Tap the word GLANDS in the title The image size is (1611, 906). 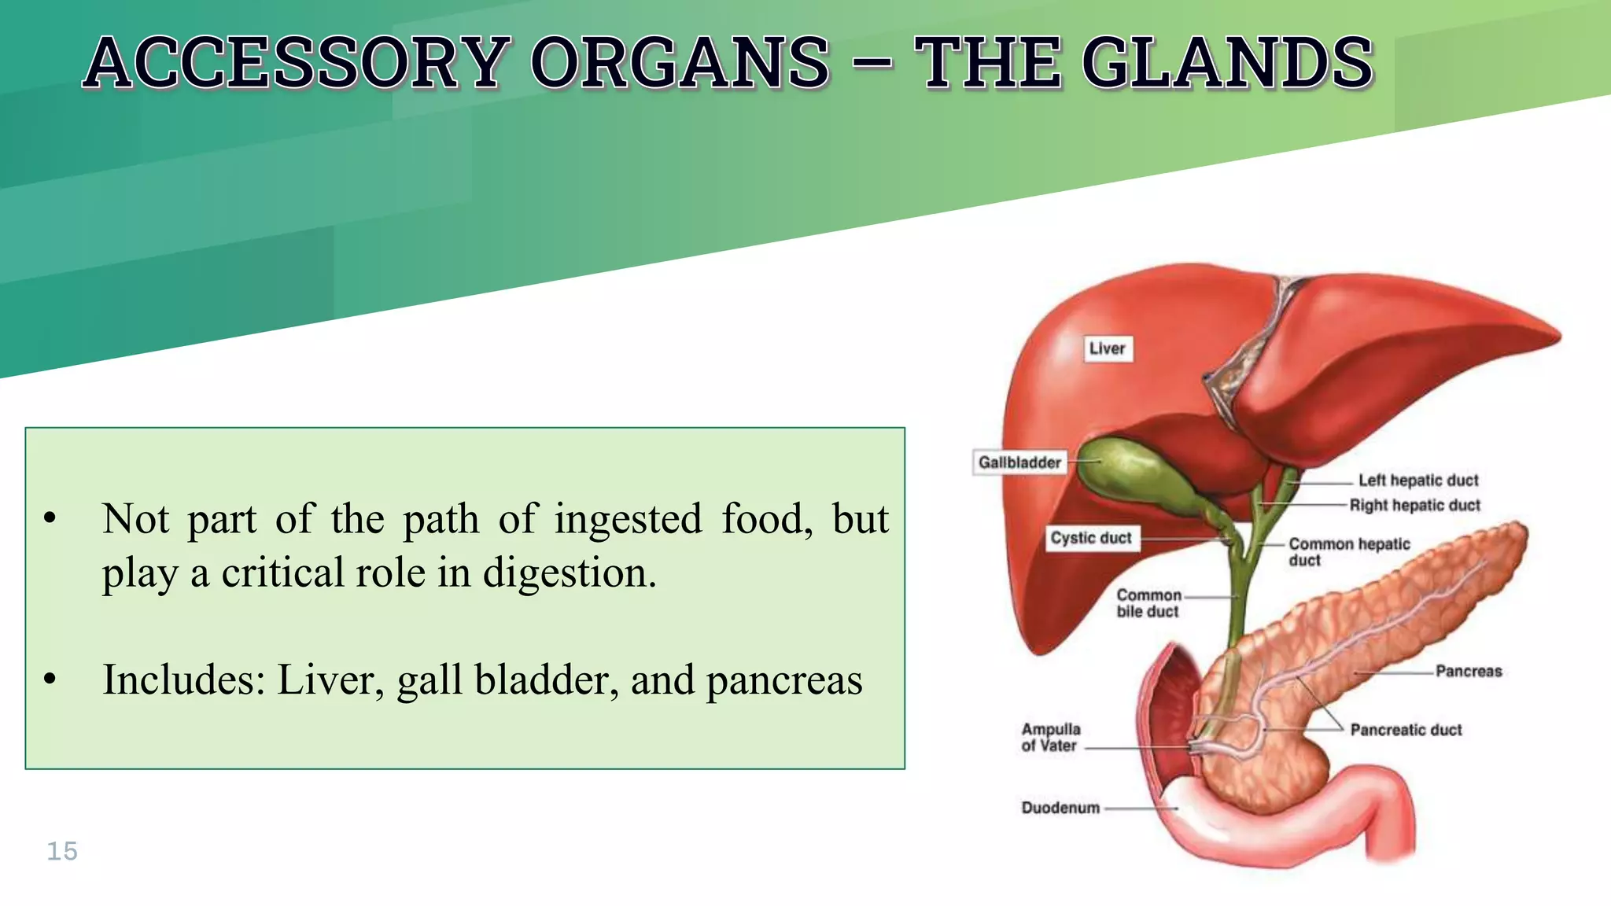tap(1227, 63)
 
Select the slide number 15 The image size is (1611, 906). tap(62, 851)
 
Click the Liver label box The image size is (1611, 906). tap(1108, 348)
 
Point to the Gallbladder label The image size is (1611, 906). tap(1019, 462)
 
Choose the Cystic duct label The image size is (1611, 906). tap(1091, 538)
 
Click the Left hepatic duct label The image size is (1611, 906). tap(1418, 481)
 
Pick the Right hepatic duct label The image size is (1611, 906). tap(1414, 506)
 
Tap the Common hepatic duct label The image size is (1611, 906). tap(1348, 551)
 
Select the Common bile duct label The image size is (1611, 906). tap(1148, 603)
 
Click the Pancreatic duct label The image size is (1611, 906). tap(1406, 730)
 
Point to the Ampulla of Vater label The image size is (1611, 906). tap(1051, 738)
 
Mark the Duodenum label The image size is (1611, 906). tap(1060, 808)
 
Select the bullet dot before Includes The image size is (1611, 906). tap(50, 679)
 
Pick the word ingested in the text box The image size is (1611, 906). tap(628, 519)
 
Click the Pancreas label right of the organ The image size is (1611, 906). tap(1469, 672)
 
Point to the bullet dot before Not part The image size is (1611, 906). tap(50, 518)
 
